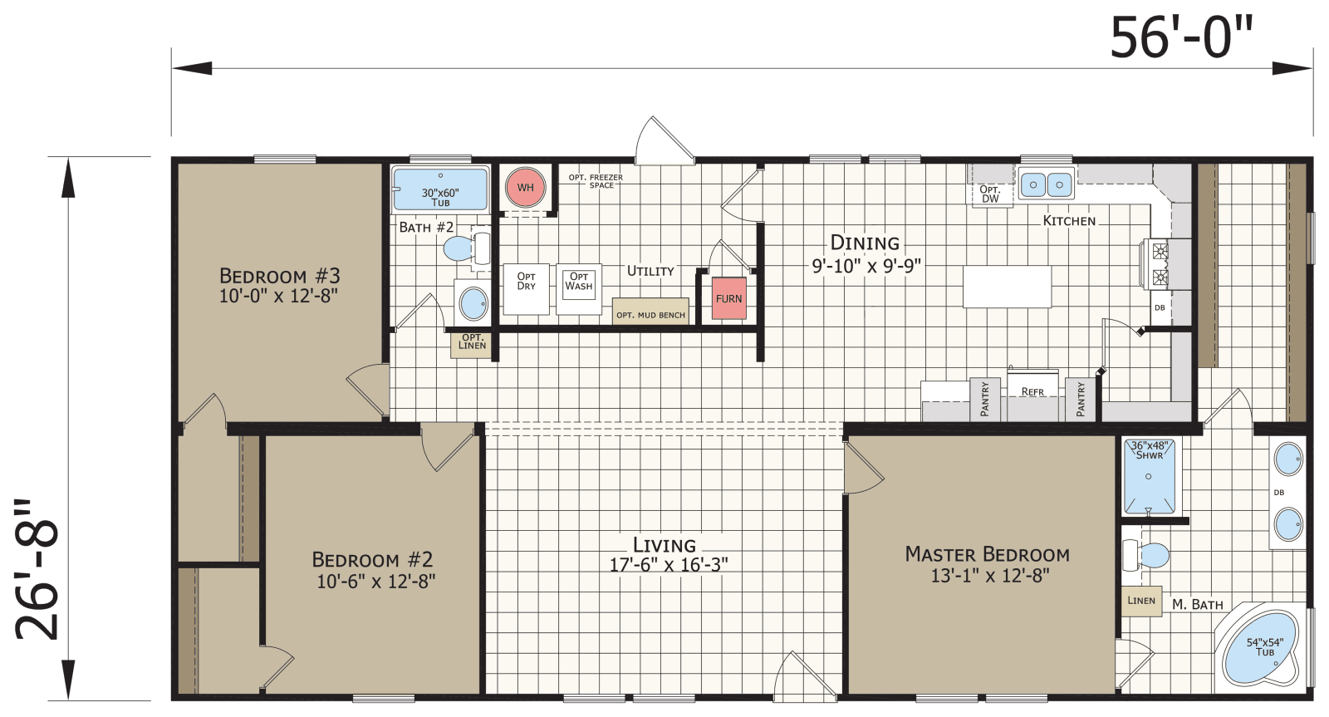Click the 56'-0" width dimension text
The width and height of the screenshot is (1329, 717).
1180,38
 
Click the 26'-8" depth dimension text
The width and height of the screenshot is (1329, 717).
37,570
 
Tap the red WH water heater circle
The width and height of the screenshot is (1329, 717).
526,187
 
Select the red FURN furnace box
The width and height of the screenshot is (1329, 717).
728,298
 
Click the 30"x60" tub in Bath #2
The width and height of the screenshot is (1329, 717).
440,189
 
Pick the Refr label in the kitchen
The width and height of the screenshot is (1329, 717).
1032,391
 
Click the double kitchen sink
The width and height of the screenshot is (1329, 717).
1047,184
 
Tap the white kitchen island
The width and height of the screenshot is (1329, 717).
1007,287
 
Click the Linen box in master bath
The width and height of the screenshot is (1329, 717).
1141,601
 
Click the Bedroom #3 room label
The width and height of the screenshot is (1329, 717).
279,276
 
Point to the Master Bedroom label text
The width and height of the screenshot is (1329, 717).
987,554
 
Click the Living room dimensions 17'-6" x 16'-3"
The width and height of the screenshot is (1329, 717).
669,565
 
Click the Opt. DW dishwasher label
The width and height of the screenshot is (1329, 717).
990,194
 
